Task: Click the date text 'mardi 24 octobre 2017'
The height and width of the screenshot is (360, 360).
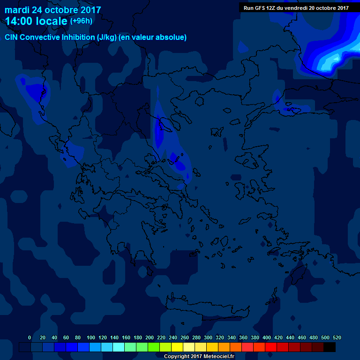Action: point(52,9)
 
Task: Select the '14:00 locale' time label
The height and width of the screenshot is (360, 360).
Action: point(37,21)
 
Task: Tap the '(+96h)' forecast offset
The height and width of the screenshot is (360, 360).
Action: point(81,21)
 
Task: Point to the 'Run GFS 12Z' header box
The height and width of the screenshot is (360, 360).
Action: point(296,7)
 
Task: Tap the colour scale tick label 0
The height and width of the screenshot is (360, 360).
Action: point(30,337)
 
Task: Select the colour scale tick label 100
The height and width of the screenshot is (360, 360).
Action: point(91,337)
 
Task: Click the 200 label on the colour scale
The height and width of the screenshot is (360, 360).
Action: point(150,337)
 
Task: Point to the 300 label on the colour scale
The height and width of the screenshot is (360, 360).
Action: point(208,337)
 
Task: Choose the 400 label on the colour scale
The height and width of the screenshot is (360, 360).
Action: point(267,337)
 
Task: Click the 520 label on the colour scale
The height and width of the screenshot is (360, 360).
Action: point(337,337)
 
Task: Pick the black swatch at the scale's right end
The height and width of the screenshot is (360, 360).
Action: point(330,347)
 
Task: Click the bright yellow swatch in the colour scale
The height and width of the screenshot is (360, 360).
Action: point(177,347)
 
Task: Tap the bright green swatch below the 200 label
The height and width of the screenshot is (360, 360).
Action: point(154,347)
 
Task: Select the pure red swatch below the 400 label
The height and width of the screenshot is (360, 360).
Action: point(271,347)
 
